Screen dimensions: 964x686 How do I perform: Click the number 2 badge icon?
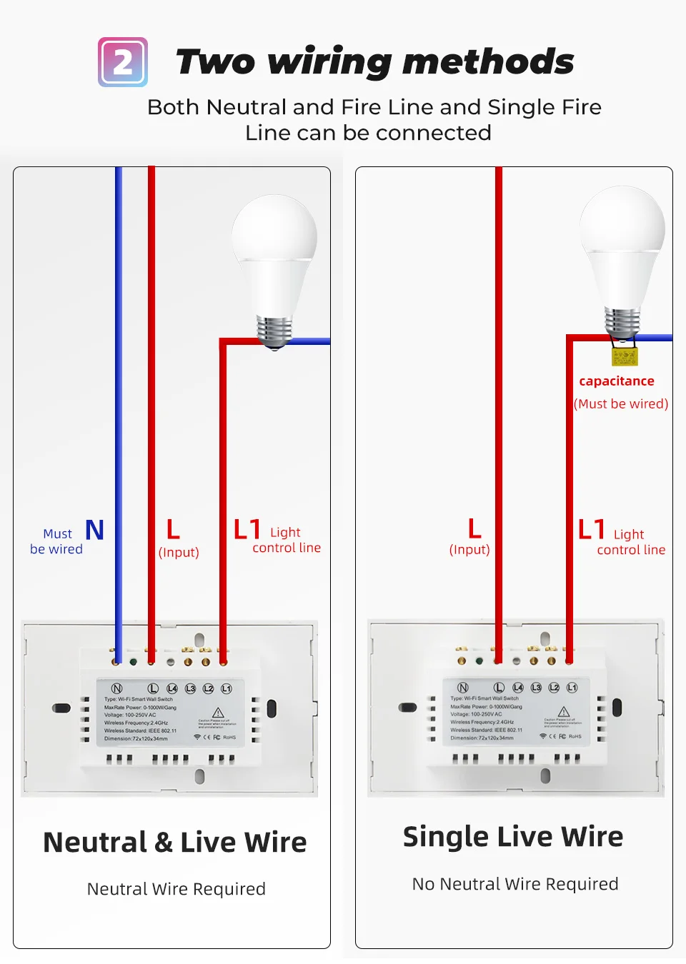coord(123,62)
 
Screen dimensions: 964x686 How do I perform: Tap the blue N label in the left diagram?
coord(95,530)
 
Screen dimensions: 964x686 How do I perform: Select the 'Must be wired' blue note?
coord(56,541)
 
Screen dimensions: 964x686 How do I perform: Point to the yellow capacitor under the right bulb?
coord(624,356)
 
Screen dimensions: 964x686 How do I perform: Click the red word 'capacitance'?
coord(617,381)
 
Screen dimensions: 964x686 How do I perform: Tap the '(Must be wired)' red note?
coord(621,404)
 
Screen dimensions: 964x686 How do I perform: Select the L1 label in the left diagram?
coord(247,530)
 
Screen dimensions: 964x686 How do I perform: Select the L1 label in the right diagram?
coord(592,530)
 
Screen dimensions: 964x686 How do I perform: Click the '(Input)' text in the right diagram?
coord(469,550)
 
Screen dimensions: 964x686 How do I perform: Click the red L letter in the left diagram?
coord(173,530)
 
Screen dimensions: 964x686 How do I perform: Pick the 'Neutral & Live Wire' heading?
coord(175,843)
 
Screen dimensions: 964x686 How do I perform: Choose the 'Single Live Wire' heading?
coord(513,837)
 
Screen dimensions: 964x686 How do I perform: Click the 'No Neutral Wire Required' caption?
coord(515,884)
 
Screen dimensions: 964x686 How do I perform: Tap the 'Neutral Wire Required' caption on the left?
coord(177,889)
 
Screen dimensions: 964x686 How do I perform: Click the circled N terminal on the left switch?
coord(117,688)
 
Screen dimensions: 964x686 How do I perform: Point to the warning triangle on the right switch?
coord(564,712)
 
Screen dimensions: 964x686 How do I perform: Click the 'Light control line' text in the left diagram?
coord(287,541)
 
